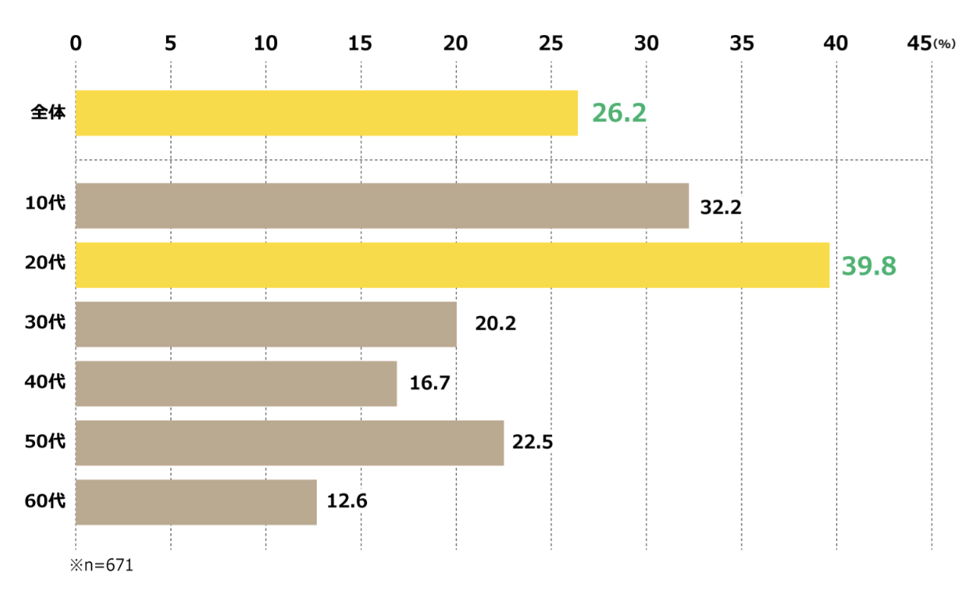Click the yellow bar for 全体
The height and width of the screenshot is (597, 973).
tap(326, 113)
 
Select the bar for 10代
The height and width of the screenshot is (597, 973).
tap(381, 206)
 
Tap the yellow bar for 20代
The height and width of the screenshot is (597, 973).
tap(451, 265)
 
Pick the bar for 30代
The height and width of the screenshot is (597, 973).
tap(266, 324)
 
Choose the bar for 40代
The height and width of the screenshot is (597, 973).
tap(236, 384)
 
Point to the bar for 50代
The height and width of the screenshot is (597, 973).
tap(289, 443)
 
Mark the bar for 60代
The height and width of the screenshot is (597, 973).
tap(196, 503)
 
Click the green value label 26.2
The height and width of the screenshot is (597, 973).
tap(619, 113)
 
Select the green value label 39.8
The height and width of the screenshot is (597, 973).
tap(868, 266)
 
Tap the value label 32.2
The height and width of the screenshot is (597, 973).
tap(720, 207)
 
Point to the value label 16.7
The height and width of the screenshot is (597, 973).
tap(430, 385)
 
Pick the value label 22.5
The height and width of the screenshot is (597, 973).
tap(532, 444)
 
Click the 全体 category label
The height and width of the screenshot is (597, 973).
tap(48, 113)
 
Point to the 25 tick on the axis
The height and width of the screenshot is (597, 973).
tap(551, 44)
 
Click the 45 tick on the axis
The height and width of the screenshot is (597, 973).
tap(920, 44)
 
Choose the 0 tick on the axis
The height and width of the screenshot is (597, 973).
tap(75, 44)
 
